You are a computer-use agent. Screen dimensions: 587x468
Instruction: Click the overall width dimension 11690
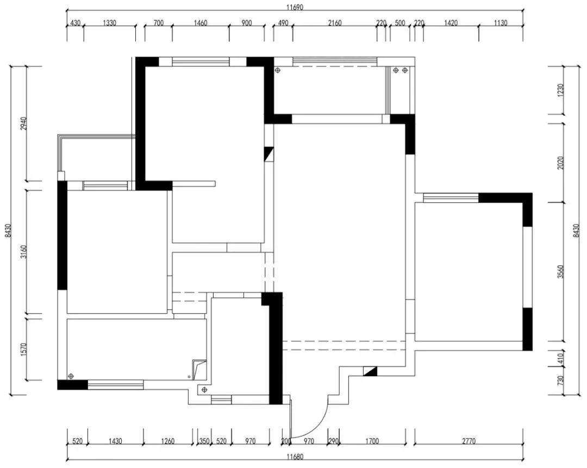[295, 7]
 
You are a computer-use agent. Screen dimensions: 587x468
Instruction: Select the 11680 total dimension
[295, 457]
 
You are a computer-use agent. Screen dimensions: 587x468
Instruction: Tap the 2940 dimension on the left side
[23, 123]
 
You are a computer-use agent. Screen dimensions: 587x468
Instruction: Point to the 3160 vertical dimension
[23, 252]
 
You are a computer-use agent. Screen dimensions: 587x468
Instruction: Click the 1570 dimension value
[23, 350]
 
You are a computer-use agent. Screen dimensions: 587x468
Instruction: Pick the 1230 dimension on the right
[560, 90]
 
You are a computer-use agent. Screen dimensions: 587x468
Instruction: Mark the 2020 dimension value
[560, 163]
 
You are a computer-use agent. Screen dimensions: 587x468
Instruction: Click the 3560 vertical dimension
[560, 272]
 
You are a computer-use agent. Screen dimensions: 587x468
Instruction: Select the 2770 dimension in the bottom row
[469, 441]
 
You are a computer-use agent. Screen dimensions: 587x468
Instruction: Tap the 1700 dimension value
[372, 441]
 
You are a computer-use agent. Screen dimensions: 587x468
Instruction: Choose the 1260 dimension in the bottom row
[168, 441]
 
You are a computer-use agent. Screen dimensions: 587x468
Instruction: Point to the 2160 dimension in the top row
[335, 23]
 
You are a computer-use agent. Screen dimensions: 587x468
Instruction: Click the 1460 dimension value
[200, 23]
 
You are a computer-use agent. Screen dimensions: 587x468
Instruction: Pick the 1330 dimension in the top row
[109, 23]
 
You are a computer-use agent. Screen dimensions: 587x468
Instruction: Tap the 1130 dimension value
[501, 23]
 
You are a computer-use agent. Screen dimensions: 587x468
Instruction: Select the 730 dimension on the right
[560, 381]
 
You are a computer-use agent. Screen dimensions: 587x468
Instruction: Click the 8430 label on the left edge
[8, 230]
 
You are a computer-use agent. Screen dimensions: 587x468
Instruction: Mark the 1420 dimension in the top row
[451, 23]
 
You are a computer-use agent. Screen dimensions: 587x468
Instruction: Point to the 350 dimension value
[204, 441]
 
